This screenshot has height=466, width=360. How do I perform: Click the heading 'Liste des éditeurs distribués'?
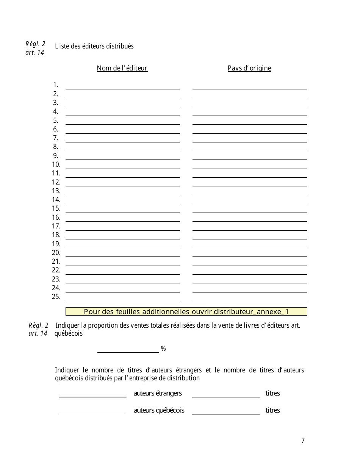pyautogui.click(x=94, y=46)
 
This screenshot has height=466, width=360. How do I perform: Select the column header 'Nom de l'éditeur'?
pyautogui.click(x=122, y=68)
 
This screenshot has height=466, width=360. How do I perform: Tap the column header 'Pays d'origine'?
pyautogui.click(x=249, y=68)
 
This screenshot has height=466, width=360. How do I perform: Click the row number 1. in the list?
pyautogui.click(x=56, y=85)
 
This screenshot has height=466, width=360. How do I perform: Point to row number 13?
pyautogui.click(x=56, y=191)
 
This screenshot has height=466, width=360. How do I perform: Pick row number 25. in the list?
pyautogui.click(x=56, y=297)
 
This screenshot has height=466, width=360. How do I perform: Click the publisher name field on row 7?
pyautogui.click(x=122, y=138)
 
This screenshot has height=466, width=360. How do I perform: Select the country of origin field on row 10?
pyautogui.click(x=249, y=165)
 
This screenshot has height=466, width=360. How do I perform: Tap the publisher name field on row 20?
pyautogui.click(x=122, y=253)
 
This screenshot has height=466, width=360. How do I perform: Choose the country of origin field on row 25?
pyautogui.click(x=249, y=297)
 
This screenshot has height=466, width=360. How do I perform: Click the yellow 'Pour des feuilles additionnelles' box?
pyautogui.click(x=186, y=311)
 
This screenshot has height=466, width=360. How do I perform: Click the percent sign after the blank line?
pyautogui.click(x=163, y=349)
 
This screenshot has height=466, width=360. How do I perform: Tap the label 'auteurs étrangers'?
pyautogui.click(x=158, y=393)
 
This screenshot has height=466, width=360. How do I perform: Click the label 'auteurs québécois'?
pyautogui.click(x=159, y=410)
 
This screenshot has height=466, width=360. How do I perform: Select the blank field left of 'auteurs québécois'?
pyautogui.click(x=92, y=410)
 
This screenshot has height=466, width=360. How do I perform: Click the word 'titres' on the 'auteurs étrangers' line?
pyautogui.click(x=272, y=393)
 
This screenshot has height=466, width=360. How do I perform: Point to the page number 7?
pyautogui.click(x=303, y=440)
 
